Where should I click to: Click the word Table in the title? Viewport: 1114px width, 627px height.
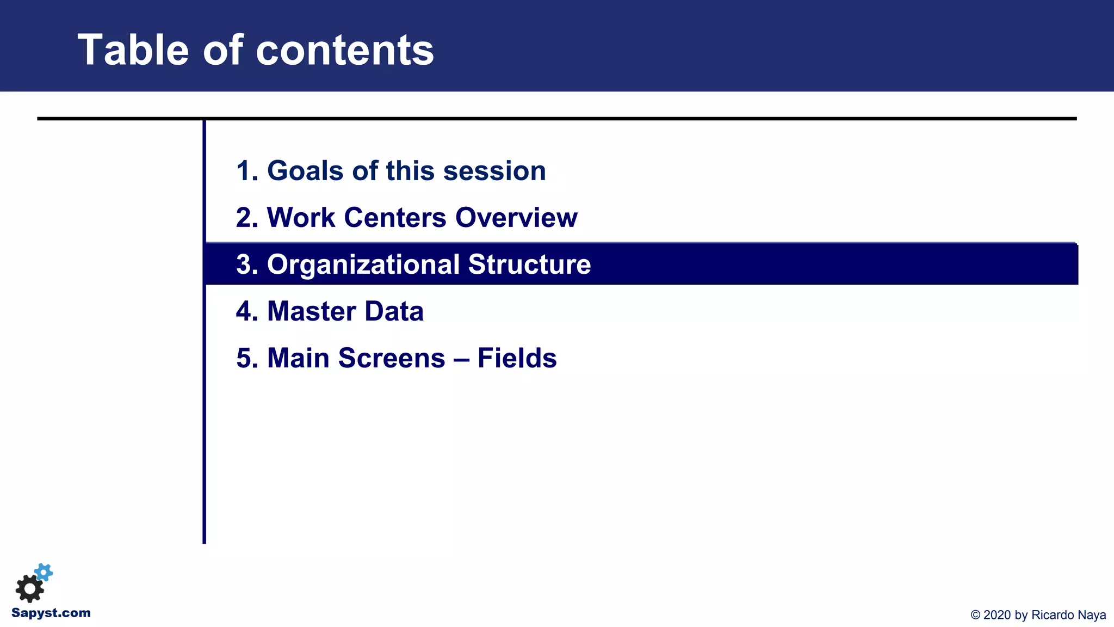pyautogui.click(x=133, y=50)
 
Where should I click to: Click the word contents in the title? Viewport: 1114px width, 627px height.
pyautogui.click(x=344, y=50)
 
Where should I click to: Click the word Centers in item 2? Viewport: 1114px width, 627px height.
pyautogui.click(x=395, y=218)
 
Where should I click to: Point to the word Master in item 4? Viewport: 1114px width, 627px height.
pyautogui.click(x=311, y=311)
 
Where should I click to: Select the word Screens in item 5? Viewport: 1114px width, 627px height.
pyautogui.click(x=392, y=358)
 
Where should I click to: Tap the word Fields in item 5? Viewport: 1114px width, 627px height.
pyautogui.click(x=517, y=358)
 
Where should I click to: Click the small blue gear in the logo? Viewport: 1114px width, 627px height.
pyautogui.click(x=44, y=572)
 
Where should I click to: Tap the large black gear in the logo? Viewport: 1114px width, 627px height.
pyautogui.click(x=29, y=588)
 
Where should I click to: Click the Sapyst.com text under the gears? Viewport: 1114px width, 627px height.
pyautogui.click(x=51, y=613)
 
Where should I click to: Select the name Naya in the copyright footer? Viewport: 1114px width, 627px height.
pyautogui.click(x=1092, y=615)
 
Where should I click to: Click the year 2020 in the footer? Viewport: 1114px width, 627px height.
pyautogui.click(x=997, y=615)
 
